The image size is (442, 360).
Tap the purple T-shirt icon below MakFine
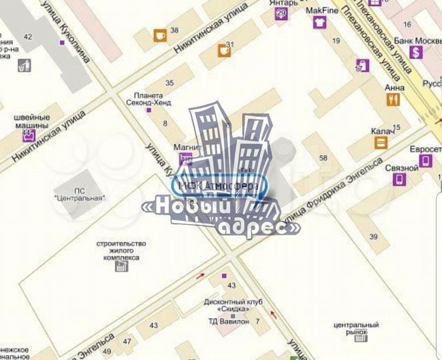tap(319, 23)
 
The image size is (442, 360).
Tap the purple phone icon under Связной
tap(399, 179)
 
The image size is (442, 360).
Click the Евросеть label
tap(425, 149)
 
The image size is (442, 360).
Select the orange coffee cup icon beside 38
tap(160, 35)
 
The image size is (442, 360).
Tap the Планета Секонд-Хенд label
tap(153, 99)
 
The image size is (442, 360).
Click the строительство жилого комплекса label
tap(121, 250)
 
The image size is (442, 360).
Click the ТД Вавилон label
tap(227, 321)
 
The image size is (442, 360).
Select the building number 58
tap(324, 157)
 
